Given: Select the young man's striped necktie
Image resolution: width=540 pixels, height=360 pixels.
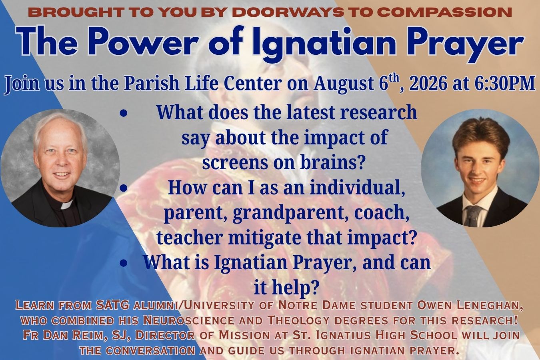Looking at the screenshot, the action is [472, 216].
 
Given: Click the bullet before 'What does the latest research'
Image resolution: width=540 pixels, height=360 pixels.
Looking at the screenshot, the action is [124, 113].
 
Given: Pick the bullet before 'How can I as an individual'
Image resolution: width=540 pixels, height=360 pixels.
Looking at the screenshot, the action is [124, 188].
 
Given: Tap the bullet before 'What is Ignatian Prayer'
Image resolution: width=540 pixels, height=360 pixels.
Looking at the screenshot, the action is [124, 264].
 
